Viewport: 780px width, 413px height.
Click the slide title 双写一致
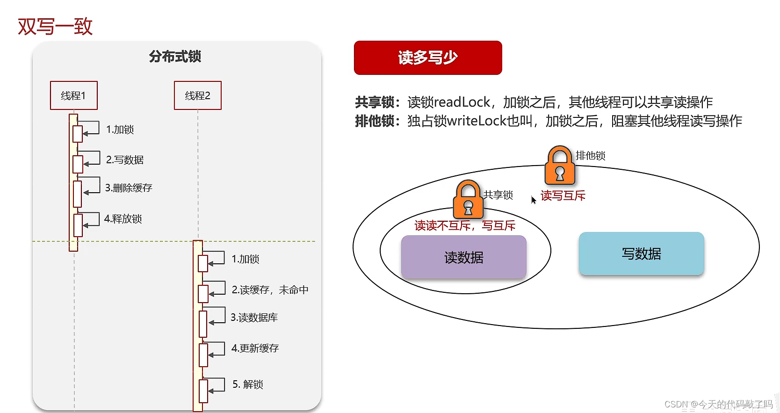55,27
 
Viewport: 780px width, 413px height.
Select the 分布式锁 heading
175,57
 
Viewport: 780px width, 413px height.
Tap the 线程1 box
74,95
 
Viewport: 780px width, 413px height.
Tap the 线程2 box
197,95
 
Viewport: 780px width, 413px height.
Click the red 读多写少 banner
428,58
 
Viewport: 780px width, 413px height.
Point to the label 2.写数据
125,160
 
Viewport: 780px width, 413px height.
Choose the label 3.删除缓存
129,188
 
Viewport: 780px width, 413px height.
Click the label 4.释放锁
123,219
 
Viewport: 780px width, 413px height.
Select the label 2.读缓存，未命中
270,290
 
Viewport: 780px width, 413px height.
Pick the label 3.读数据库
254,318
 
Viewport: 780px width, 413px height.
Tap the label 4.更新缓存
255,348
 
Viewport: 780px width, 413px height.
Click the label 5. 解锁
248,384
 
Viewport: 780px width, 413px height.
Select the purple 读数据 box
463,257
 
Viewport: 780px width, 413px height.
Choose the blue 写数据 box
641,254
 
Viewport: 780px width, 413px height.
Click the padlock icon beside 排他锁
560,166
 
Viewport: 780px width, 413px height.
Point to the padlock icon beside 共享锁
468,200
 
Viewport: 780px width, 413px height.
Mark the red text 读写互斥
563,196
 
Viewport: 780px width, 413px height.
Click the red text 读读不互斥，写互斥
465,226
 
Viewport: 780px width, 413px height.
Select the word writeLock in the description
477,121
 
